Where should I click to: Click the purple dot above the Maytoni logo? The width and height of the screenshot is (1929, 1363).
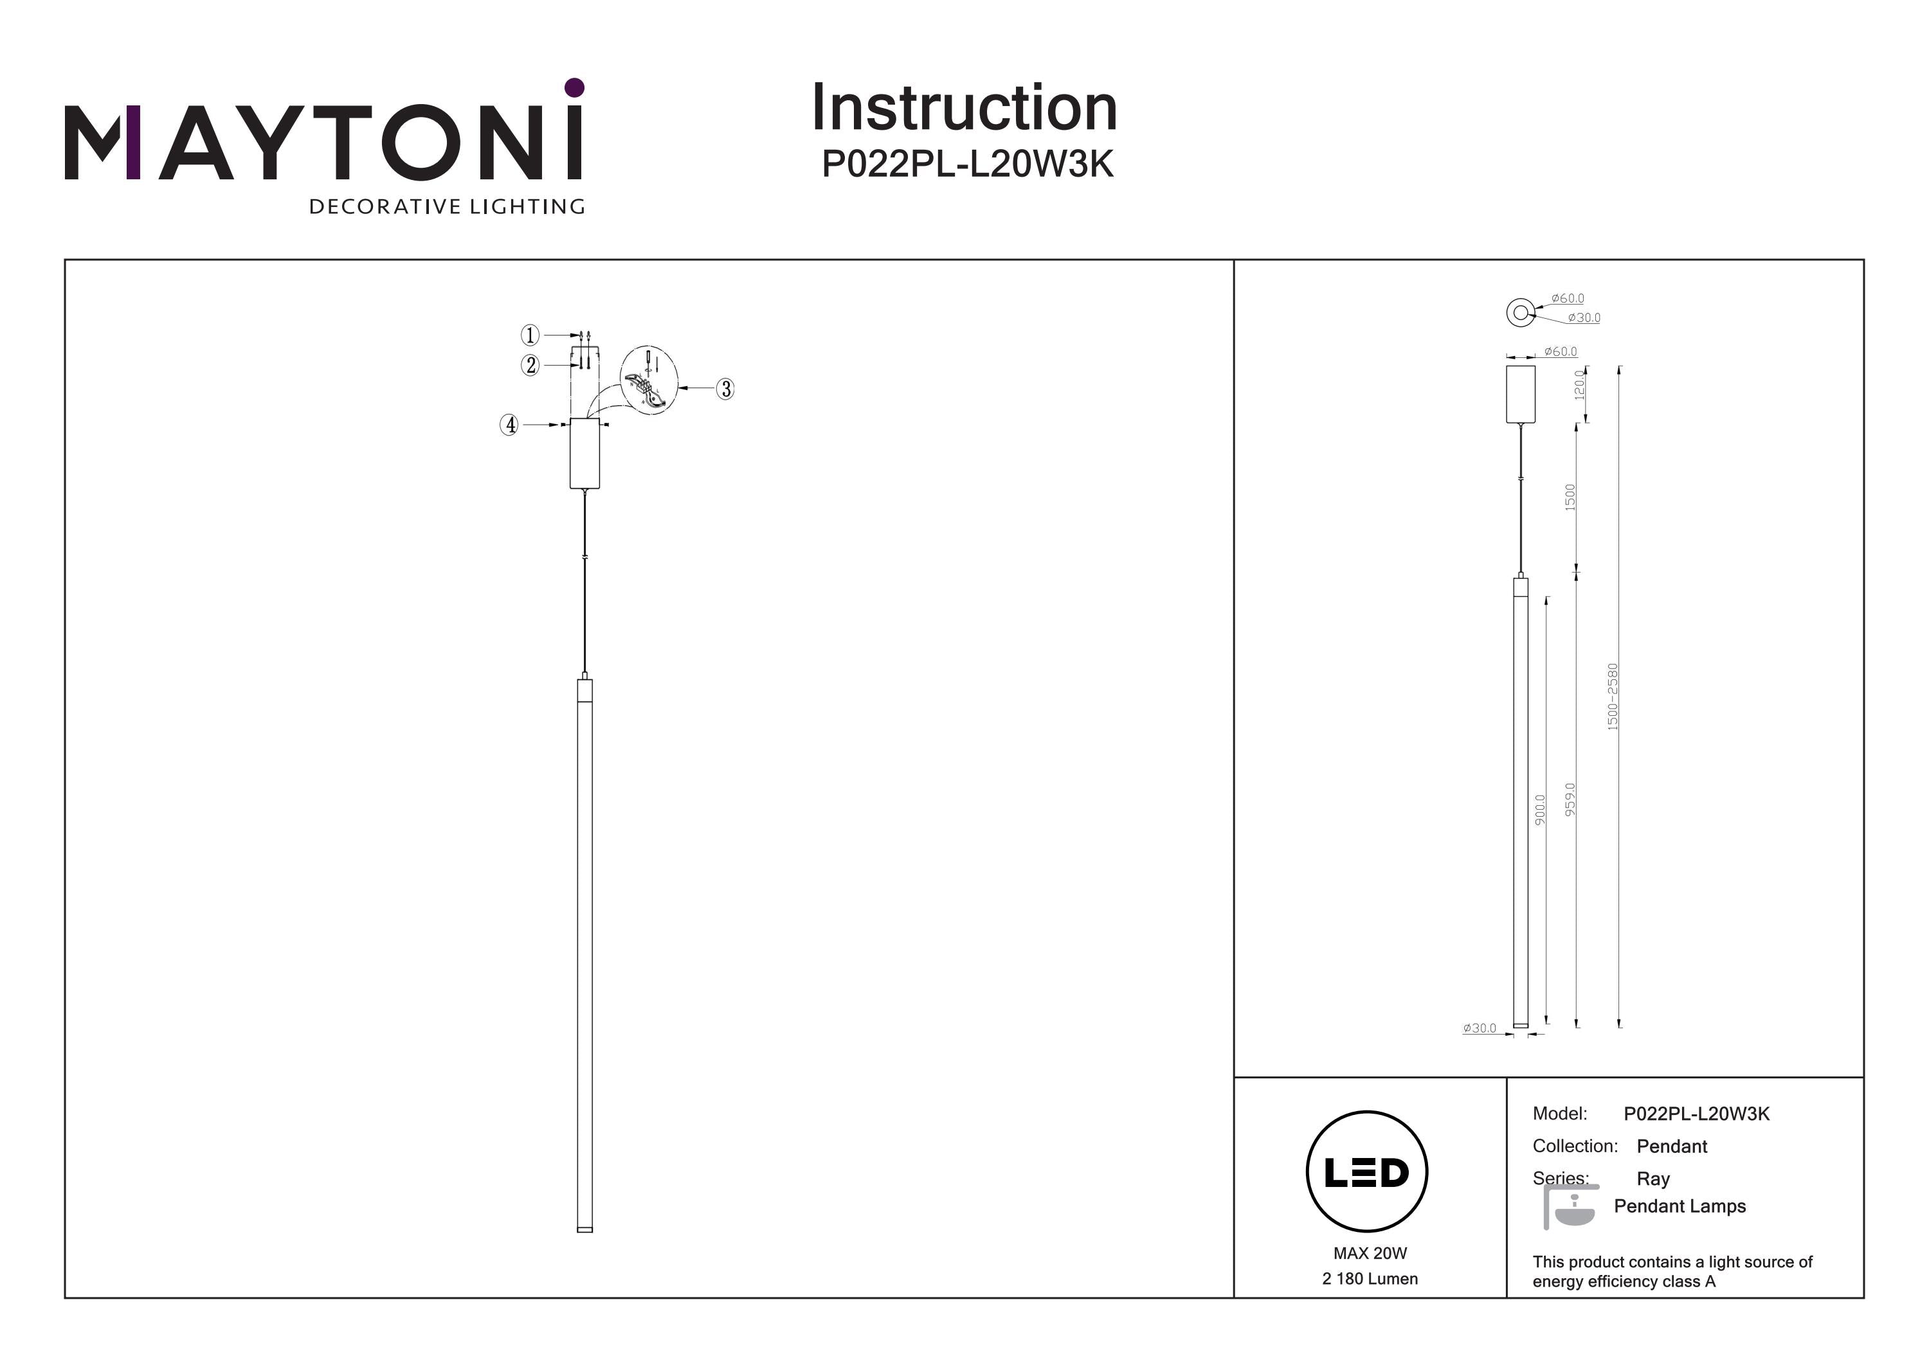point(575,87)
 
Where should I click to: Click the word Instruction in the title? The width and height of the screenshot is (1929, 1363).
point(964,109)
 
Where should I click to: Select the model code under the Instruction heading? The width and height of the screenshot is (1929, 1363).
point(967,164)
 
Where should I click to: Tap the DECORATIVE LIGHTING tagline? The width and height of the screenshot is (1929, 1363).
point(447,206)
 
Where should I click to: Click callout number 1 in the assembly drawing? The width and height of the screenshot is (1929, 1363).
point(529,335)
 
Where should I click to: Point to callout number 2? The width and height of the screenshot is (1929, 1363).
point(530,365)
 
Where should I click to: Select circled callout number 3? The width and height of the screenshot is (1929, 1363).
point(725,389)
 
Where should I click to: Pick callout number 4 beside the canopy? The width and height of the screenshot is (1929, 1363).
point(509,425)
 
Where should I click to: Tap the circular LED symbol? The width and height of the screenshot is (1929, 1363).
point(1367,1171)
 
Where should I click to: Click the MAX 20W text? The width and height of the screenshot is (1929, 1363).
point(1370,1253)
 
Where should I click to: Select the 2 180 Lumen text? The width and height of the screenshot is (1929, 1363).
point(1370,1279)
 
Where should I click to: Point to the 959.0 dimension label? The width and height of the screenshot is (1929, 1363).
point(1570,799)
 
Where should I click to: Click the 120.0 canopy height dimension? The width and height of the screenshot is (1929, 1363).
point(1579,386)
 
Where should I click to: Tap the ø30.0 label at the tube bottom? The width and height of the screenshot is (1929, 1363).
point(1479,1028)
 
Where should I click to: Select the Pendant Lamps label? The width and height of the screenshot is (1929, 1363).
point(1680,1206)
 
